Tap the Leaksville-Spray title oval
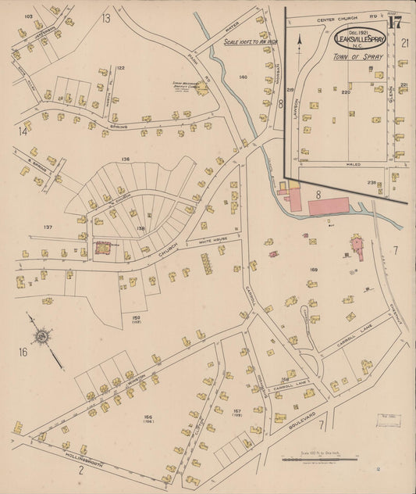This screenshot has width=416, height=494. pos(358,38)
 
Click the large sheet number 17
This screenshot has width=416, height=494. pos(395,22)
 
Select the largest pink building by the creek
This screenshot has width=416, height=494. pos(329,206)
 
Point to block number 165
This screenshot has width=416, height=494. pos(147,417)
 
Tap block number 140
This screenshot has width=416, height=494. pos(243,77)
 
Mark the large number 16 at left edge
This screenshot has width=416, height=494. pos(23,353)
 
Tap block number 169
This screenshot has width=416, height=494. pos(314,270)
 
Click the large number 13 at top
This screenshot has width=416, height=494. pos(105,17)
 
